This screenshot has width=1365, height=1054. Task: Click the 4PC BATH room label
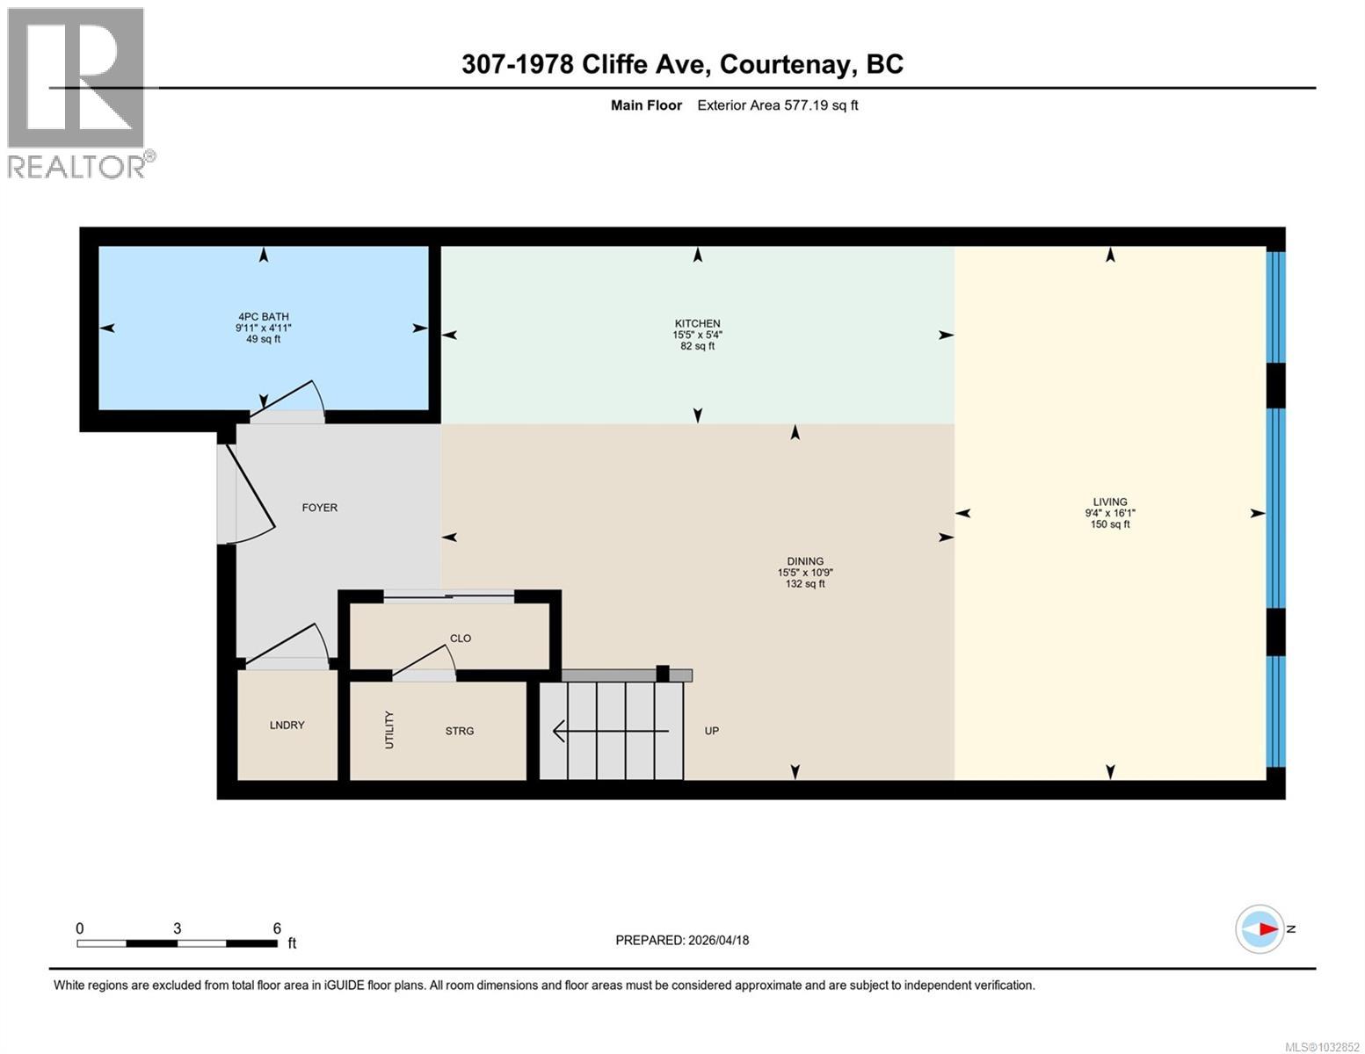coord(264,317)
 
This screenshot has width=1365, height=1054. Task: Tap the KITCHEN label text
coord(697,324)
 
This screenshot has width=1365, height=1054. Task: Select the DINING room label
coord(805,561)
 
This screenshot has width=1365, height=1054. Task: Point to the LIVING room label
coord(1110,502)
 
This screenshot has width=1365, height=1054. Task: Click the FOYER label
coord(320,508)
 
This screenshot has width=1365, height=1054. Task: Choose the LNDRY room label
coord(287,726)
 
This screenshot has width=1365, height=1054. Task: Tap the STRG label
coord(460,731)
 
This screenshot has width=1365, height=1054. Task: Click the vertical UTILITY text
coord(389,730)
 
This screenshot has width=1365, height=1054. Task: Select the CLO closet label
coord(461,639)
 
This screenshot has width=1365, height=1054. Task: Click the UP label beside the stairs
coord(712,731)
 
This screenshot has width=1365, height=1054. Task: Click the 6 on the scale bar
coord(277,928)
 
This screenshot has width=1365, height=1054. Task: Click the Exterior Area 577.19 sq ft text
coord(777,105)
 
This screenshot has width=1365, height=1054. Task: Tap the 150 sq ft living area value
coord(1110,524)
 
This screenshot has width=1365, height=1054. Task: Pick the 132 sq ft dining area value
coord(805,584)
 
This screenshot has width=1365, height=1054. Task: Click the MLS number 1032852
coord(1322,1046)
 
